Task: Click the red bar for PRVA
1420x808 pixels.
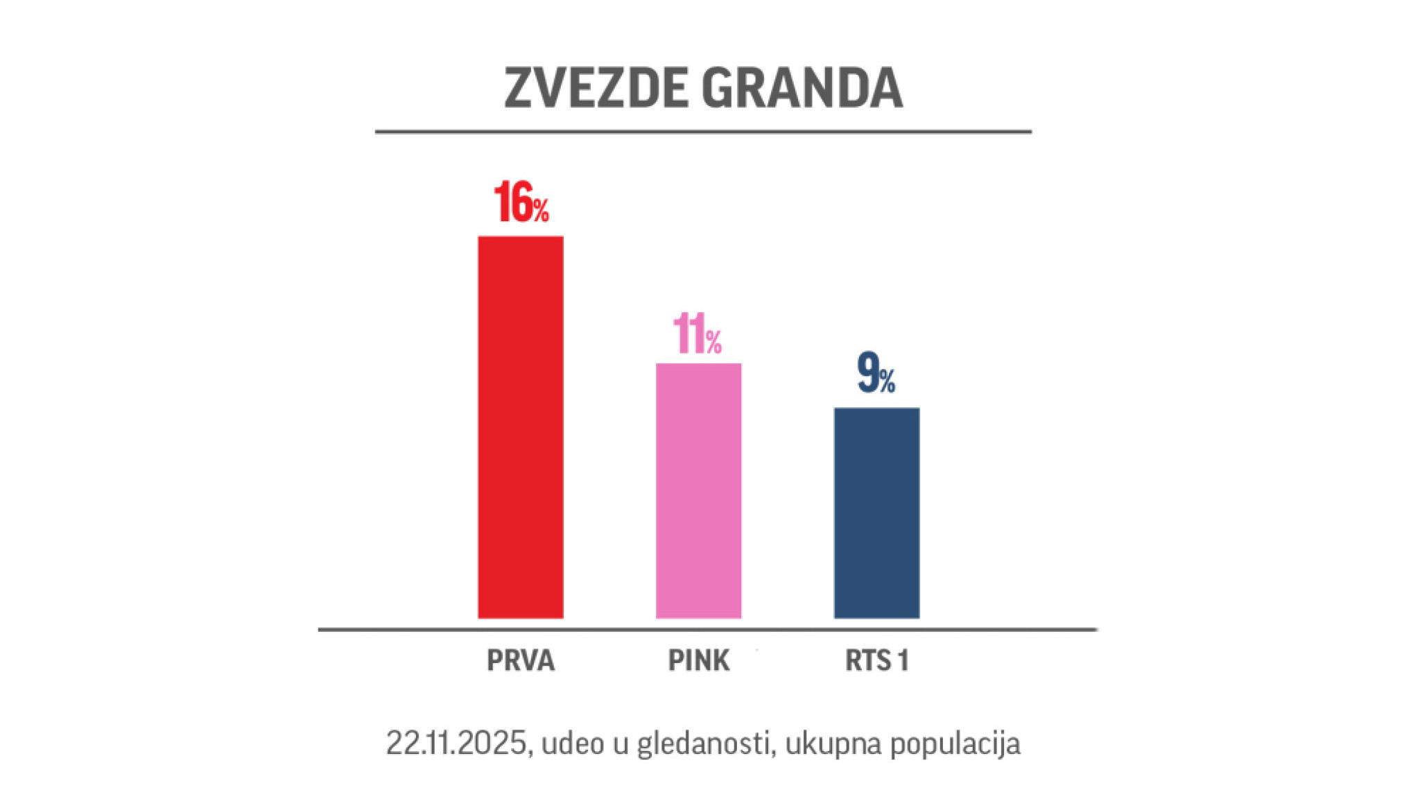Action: coord(520,427)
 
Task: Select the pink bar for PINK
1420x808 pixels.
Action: coord(698,490)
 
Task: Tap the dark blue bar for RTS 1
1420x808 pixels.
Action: coord(876,513)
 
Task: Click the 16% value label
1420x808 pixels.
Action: coord(521,203)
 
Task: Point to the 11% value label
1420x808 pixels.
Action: coord(697,335)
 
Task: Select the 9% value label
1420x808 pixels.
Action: coord(876,374)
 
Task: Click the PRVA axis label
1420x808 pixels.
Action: coord(521,660)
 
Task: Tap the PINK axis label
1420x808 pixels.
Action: coord(698,660)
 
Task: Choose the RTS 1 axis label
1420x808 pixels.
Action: coord(876,660)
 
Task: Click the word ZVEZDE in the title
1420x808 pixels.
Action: coord(597,88)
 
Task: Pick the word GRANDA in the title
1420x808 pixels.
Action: coord(802,88)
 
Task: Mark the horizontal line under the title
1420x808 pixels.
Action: coord(703,131)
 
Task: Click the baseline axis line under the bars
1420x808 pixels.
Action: coord(707,630)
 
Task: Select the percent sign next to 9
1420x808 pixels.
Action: coord(887,380)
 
